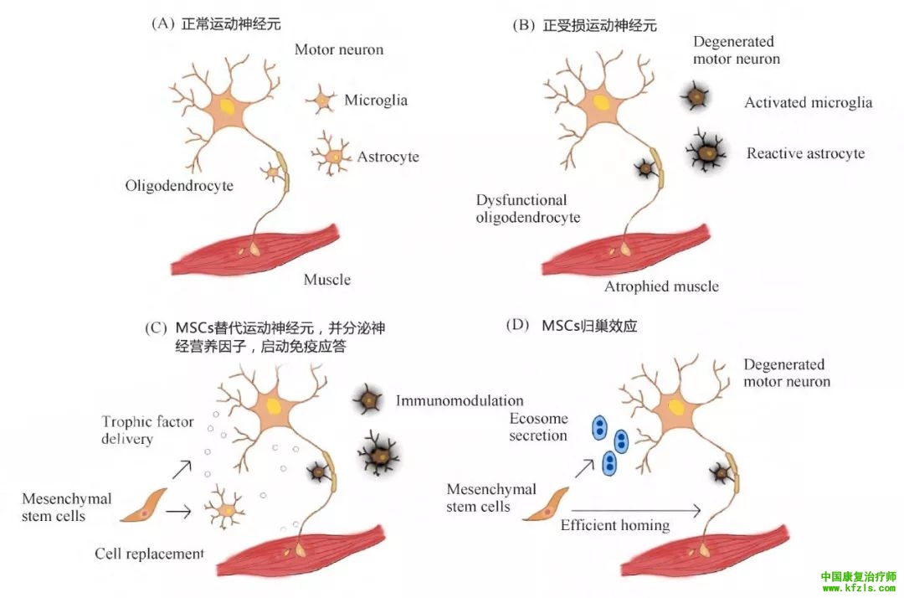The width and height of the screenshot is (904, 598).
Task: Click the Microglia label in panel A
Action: (376, 101)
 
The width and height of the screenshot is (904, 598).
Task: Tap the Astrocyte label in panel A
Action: (388, 157)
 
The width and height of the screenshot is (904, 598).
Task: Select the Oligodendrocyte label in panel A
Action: (179, 185)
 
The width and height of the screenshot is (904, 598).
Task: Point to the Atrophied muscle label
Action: (661, 286)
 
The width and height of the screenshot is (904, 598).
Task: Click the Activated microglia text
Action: (808, 103)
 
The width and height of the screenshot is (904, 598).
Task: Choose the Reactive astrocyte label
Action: (805, 153)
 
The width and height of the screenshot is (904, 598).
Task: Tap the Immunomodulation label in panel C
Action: (460, 400)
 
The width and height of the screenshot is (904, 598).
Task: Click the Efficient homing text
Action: (615, 525)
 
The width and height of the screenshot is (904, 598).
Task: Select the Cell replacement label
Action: (149, 554)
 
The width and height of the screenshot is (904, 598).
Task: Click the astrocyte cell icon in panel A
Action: (333, 156)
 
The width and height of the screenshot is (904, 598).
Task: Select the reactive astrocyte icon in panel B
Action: (708, 152)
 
